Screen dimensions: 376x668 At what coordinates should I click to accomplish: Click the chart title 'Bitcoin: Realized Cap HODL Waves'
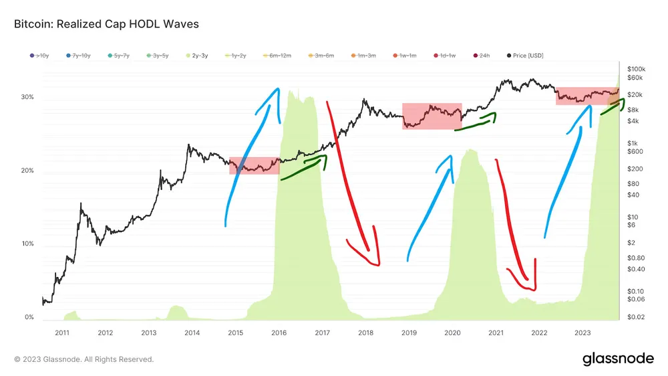pos(106,24)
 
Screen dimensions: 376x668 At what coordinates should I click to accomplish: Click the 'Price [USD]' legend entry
pos(528,56)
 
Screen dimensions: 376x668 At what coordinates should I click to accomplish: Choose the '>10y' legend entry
pos(39,56)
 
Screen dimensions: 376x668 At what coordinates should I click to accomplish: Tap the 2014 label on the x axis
pos(192,333)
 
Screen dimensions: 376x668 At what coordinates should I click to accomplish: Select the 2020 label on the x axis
pos(452,333)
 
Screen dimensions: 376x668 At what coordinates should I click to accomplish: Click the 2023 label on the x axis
pos(582,333)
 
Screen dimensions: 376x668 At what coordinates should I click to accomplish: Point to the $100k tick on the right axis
pos(636,69)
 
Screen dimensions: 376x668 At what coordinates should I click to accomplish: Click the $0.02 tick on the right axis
pos(636,316)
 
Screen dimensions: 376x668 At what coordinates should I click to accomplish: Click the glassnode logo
pos(618,359)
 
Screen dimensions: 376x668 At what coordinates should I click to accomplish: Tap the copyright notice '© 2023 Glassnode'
pos(83,359)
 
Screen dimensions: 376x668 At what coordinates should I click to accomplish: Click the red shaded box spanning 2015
pos(254,165)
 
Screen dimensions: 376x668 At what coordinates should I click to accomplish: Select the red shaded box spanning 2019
pos(432,116)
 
